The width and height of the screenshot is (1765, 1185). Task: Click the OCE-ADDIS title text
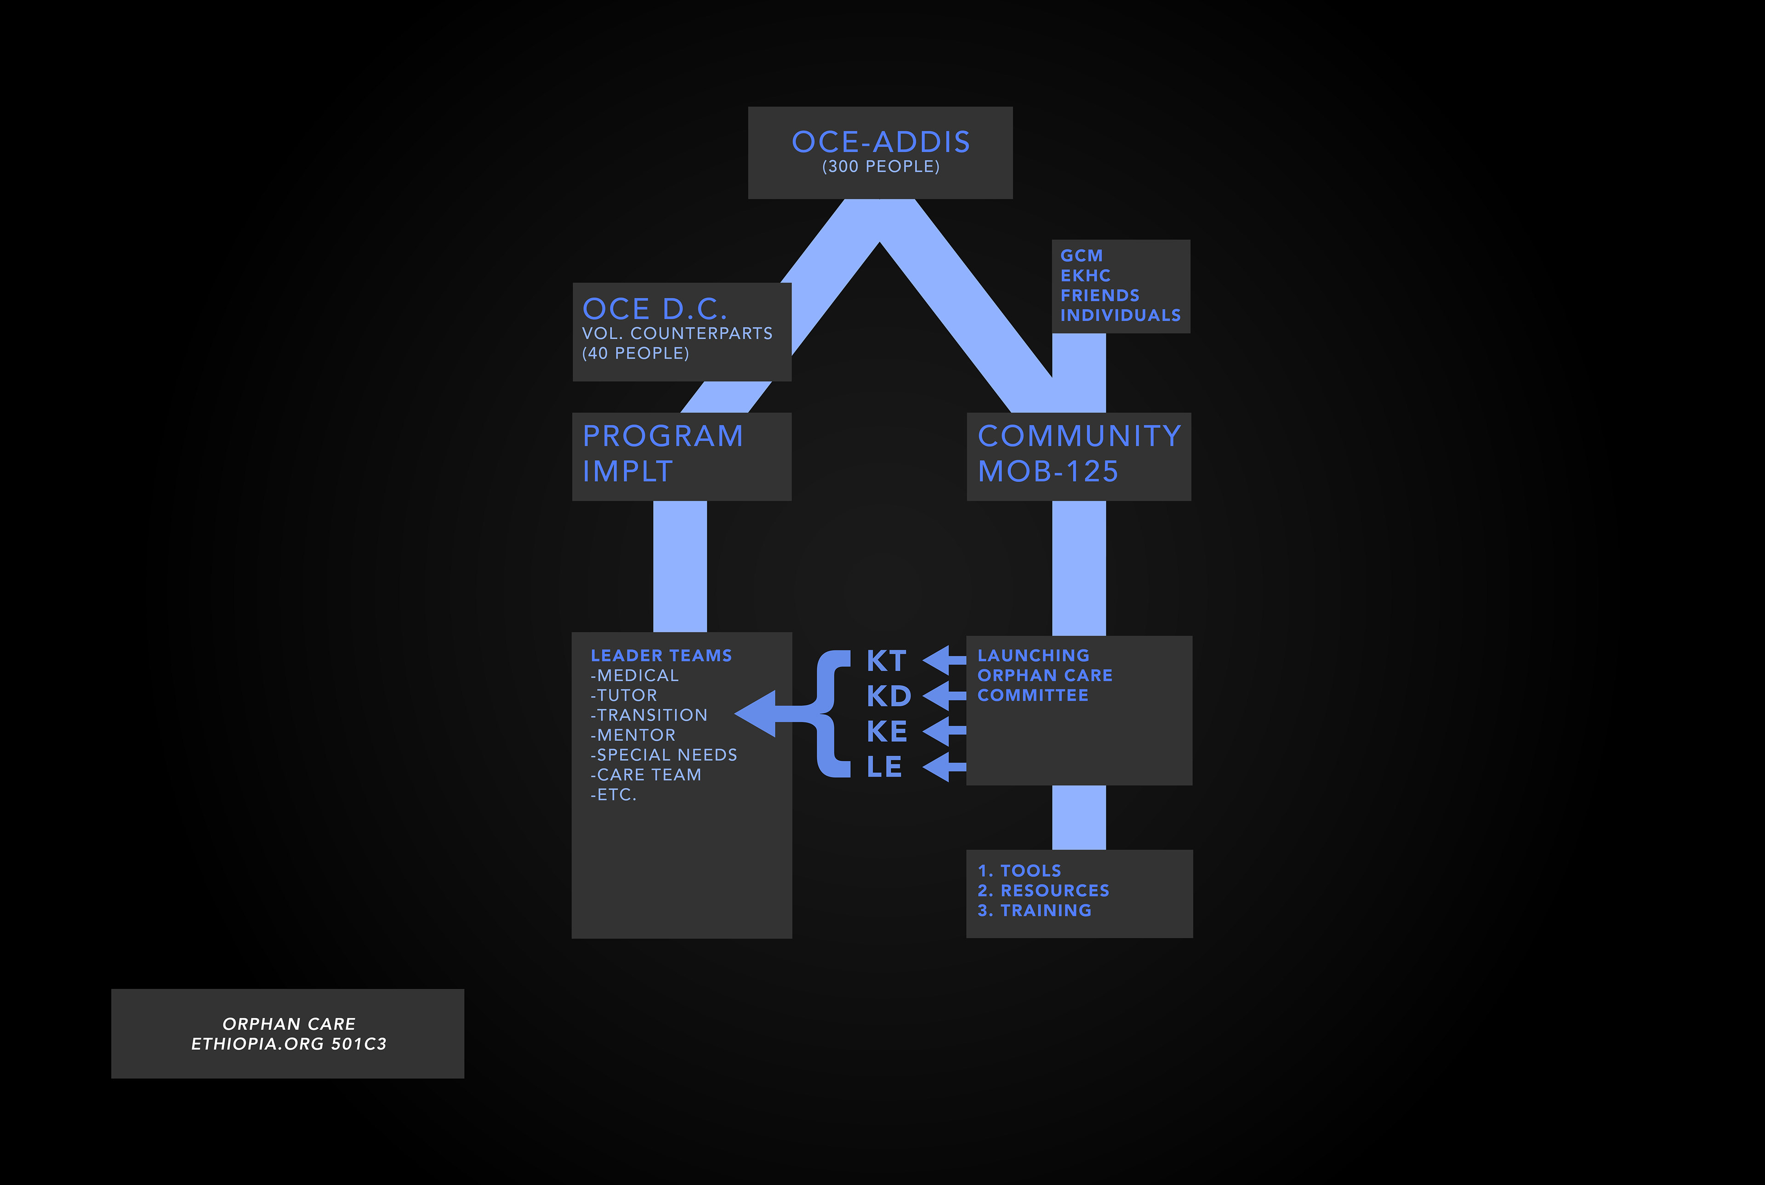click(880, 142)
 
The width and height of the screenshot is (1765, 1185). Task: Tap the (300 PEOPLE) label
click(880, 167)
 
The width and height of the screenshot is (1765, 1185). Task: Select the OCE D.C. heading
click(655, 309)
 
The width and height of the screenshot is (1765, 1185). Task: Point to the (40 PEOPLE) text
click(635, 353)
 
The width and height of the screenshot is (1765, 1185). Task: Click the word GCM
click(1081, 256)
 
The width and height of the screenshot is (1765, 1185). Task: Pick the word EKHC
click(1085, 276)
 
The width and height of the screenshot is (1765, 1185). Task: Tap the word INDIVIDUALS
click(1120, 315)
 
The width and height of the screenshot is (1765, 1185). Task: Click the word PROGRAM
click(663, 436)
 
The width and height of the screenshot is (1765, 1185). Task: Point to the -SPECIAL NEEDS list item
click(663, 755)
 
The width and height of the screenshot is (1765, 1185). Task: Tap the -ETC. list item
click(613, 795)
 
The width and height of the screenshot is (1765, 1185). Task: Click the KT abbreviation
click(886, 661)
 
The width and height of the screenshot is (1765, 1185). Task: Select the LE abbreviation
click(884, 767)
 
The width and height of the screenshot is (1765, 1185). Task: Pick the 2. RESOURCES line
click(1042, 891)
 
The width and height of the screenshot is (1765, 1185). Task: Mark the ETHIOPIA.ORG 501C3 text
click(289, 1044)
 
